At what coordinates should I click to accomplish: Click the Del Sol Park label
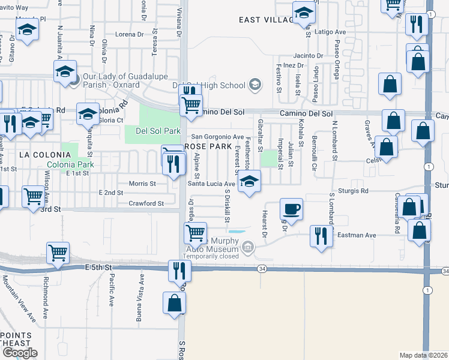point(158,130)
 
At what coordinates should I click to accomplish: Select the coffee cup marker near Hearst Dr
point(292,209)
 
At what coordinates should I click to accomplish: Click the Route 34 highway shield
point(262,269)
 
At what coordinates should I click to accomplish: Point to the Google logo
point(19,353)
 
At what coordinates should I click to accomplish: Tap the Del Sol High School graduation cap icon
point(255,85)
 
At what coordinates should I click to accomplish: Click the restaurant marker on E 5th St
point(179,271)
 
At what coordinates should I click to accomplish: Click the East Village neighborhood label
point(267,20)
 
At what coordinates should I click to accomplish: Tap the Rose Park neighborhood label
point(208,146)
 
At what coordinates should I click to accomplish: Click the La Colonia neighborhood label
point(41,154)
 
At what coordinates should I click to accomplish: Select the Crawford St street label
point(146,203)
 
